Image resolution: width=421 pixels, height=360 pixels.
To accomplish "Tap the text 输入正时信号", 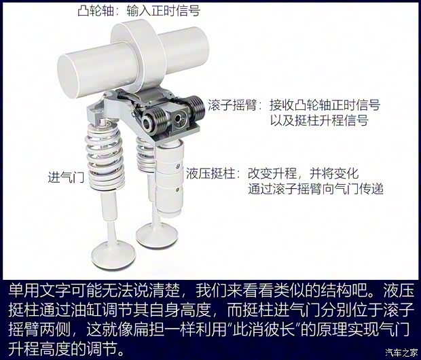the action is click(164, 11).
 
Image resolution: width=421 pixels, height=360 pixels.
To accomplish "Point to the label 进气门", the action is click(66, 177).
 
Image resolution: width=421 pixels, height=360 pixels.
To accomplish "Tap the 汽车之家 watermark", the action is click(401, 352).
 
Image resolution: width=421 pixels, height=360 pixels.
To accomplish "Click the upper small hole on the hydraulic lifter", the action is click(177, 166).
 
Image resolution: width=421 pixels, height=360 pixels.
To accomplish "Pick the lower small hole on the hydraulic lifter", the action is click(177, 190).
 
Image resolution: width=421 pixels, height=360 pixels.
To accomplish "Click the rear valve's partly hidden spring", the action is click(145, 154).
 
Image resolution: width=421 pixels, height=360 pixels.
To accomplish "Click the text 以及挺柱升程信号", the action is click(319, 120).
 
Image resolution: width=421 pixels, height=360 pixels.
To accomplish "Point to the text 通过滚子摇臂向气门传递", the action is click(316, 189).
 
